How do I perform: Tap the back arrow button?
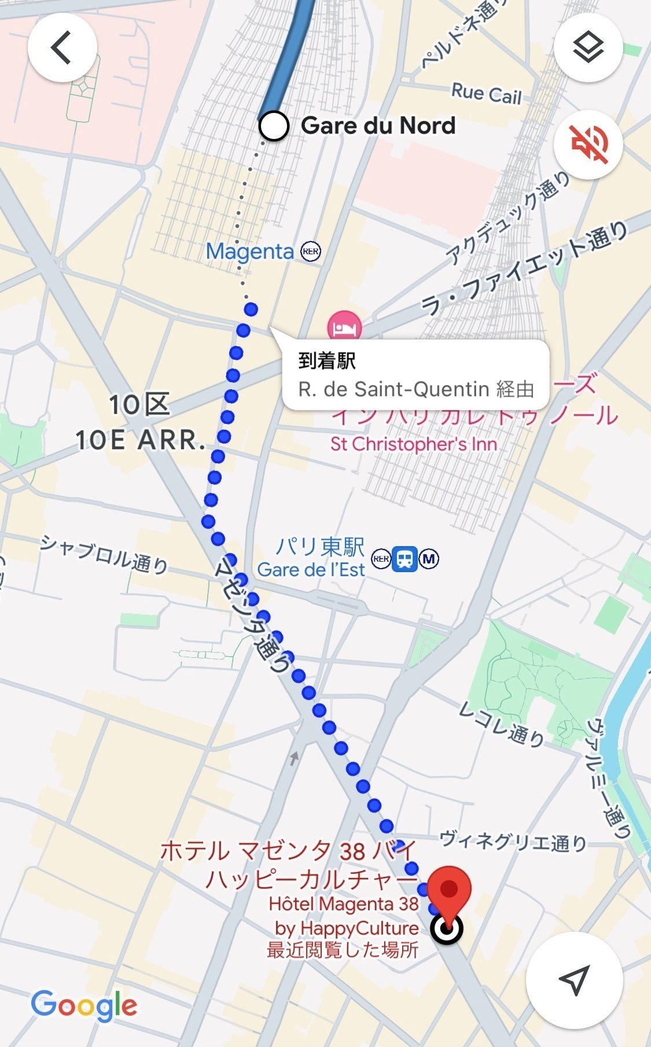coord(62,47)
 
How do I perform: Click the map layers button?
coord(588,47)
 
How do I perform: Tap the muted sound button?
coord(588,144)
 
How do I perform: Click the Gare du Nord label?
coord(378,126)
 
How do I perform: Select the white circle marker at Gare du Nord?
coord(274,126)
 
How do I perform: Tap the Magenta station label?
coord(250,251)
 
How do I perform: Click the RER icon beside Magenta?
coord(311,251)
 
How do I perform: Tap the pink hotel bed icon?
coord(344,327)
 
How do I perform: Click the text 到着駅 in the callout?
coord(327,361)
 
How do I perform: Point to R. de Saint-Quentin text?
coord(393,389)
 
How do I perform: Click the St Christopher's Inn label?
coord(413,444)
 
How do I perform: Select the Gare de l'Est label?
coord(311,570)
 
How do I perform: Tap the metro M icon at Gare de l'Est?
coord(429,559)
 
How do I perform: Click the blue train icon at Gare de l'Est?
coord(404,559)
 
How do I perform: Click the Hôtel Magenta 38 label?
coord(343,904)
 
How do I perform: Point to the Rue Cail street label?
coord(486,94)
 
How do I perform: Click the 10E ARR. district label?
coord(141,440)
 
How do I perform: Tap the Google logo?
coord(84,1006)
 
